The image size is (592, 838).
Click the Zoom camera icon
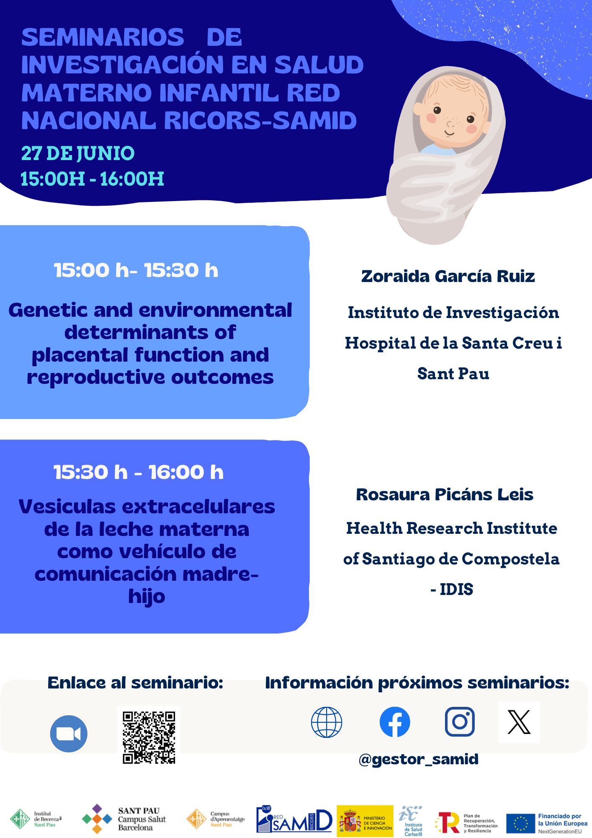pos(69,734)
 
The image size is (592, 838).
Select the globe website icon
pos(327,722)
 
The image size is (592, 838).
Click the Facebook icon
pos(395,722)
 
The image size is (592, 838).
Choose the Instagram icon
pos(460,722)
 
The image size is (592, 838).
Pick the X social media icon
pos(519,722)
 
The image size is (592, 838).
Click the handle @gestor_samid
pos(419,759)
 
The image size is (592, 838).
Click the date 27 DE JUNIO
pos(78,153)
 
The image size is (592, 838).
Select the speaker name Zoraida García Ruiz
pos(448,277)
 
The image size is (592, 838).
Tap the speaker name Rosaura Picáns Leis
pos(445,494)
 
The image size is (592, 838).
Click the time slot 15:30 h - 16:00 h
pos(139,472)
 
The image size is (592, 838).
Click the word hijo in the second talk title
pos(147,597)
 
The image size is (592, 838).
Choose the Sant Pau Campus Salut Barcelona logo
pos(124,819)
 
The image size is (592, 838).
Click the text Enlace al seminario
pos(135,683)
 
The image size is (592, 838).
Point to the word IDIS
pos(456,590)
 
